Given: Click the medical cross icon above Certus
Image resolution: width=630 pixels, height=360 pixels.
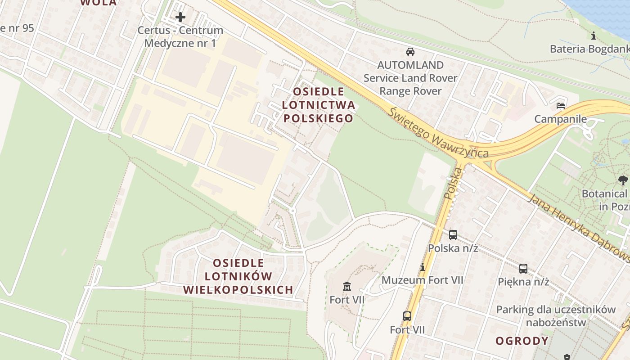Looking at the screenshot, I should pyautogui.click(x=180, y=18).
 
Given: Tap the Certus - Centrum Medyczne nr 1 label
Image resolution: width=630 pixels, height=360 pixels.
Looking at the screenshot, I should pyautogui.click(x=180, y=37).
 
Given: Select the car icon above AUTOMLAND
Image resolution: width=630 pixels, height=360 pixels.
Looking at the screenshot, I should pyautogui.click(x=410, y=51).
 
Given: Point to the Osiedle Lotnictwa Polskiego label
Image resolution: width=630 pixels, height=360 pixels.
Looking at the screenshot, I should pyautogui.click(x=318, y=105).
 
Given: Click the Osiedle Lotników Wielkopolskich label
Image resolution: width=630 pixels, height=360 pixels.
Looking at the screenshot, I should pyautogui.click(x=238, y=276).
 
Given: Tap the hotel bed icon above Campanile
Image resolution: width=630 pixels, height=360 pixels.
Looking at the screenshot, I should pyautogui.click(x=561, y=106).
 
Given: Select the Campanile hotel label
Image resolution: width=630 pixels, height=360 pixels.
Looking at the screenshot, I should pyautogui.click(x=560, y=119).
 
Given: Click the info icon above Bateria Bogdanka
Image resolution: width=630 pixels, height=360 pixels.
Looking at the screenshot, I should pyautogui.click(x=594, y=36).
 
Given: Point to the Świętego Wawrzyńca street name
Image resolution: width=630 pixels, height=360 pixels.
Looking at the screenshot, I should pyautogui.click(x=439, y=132).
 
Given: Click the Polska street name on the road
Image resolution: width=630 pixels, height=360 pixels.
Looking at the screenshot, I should pyautogui.click(x=454, y=184).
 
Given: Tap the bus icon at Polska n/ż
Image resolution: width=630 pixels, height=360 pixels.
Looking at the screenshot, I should pyautogui.click(x=453, y=234).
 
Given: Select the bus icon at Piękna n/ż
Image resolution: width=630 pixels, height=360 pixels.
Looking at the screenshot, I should pyautogui.click(x=523, y=269).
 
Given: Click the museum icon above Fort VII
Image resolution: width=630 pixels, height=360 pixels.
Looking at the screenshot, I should pyautogui.click(x=347, y=286).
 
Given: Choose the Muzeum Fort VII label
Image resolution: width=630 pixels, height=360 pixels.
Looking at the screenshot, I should pyautogui.click(x=422, y=280).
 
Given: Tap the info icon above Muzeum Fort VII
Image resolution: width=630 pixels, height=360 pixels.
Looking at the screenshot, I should pyautogui.click(x=422, y=267).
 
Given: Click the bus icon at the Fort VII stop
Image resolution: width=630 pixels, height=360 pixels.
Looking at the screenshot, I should pyautogui.click(x=407, y=316).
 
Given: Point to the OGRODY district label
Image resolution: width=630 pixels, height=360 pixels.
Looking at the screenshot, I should pyautogui.click(x=522, y=341).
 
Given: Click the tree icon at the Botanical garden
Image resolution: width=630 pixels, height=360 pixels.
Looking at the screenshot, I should pyautogui.click(x=623, y=180).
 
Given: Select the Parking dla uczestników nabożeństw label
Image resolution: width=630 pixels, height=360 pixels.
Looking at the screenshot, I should pyautogui.click(x=556, y=316).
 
